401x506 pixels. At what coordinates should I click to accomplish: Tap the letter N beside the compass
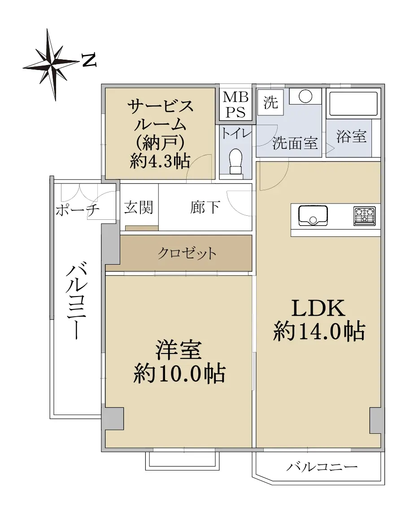click(x=89, y=61)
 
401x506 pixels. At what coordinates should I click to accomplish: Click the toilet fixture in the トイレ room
click(x=235, y=161)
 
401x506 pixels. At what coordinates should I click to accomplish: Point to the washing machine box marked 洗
click(x=270, y=102)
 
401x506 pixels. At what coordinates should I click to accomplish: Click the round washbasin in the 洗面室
click(x=305, y=96)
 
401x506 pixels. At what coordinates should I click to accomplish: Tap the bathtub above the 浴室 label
click(x=353, y=104)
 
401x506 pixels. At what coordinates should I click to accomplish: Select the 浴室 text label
click(x=351, y=136)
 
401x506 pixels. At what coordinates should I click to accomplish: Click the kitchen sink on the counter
click(x=313, y=215)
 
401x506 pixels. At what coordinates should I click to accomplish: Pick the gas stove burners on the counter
click(x=365, y=216)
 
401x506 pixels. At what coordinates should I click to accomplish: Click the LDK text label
click(x=318, y=308)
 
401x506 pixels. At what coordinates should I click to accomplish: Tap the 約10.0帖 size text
click(x=179, y=374)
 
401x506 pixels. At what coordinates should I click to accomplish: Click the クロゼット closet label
click(x=187, y=253)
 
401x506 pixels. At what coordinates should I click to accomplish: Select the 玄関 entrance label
click(x=139, y=207)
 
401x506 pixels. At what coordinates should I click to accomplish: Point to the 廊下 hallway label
click(x=205, y=207)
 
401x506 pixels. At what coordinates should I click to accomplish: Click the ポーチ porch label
click(x=78, y=210)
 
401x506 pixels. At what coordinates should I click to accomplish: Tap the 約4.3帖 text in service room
click(x=160, y=161)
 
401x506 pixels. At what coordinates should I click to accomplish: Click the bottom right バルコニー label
click(x=322, y=467)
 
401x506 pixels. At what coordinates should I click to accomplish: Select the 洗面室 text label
click(x=295, y=143)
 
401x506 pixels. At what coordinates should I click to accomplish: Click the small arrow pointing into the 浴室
click(x=331, y=149)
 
